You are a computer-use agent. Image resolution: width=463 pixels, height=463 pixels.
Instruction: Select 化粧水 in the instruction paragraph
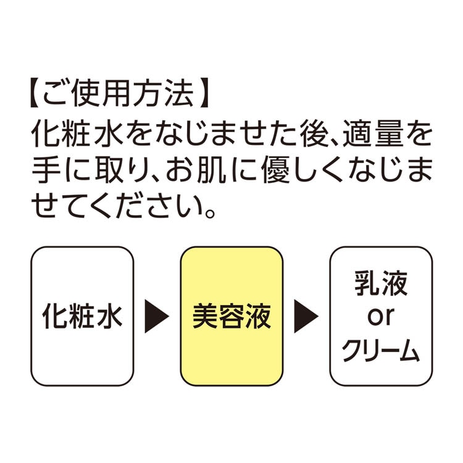(77, 134)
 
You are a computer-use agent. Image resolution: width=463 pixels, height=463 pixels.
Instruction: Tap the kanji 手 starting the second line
(46, 170)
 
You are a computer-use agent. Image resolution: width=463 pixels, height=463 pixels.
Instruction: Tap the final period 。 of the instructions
(210, 212)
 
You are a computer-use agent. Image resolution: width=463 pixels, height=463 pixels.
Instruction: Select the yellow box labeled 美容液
(231, 316)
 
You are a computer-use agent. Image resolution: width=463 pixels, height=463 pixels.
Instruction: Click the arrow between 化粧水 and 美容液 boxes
(157, 316)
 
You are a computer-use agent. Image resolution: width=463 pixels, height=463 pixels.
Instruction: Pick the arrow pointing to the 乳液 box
(306, 316)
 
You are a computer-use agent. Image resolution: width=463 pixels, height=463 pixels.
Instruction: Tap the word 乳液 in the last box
(381, 283)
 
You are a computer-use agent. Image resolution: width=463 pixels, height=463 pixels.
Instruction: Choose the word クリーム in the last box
(381, 350)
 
